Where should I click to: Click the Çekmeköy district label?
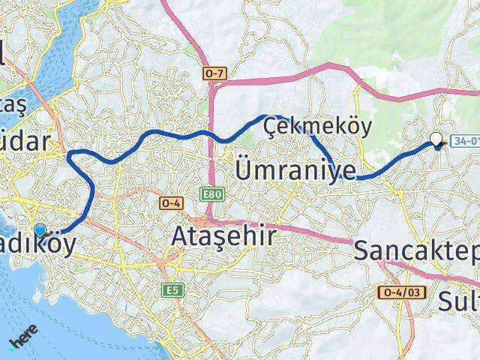[x=317, y=127]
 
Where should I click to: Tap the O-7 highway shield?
[x=213, y=73]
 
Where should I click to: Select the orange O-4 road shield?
[x=170, y=202]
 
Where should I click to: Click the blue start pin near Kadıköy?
[x=40, y=232]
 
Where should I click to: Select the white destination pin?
[x=436, y=139]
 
